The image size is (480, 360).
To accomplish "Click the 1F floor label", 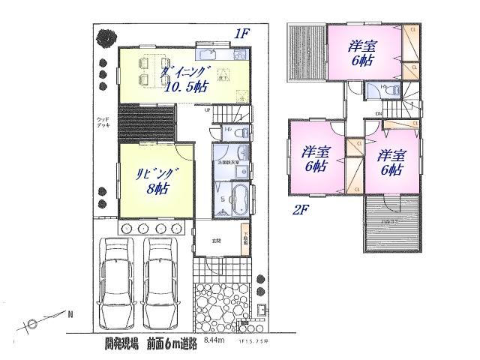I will click(240, 33).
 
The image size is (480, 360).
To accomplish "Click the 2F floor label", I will click(301, 211).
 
